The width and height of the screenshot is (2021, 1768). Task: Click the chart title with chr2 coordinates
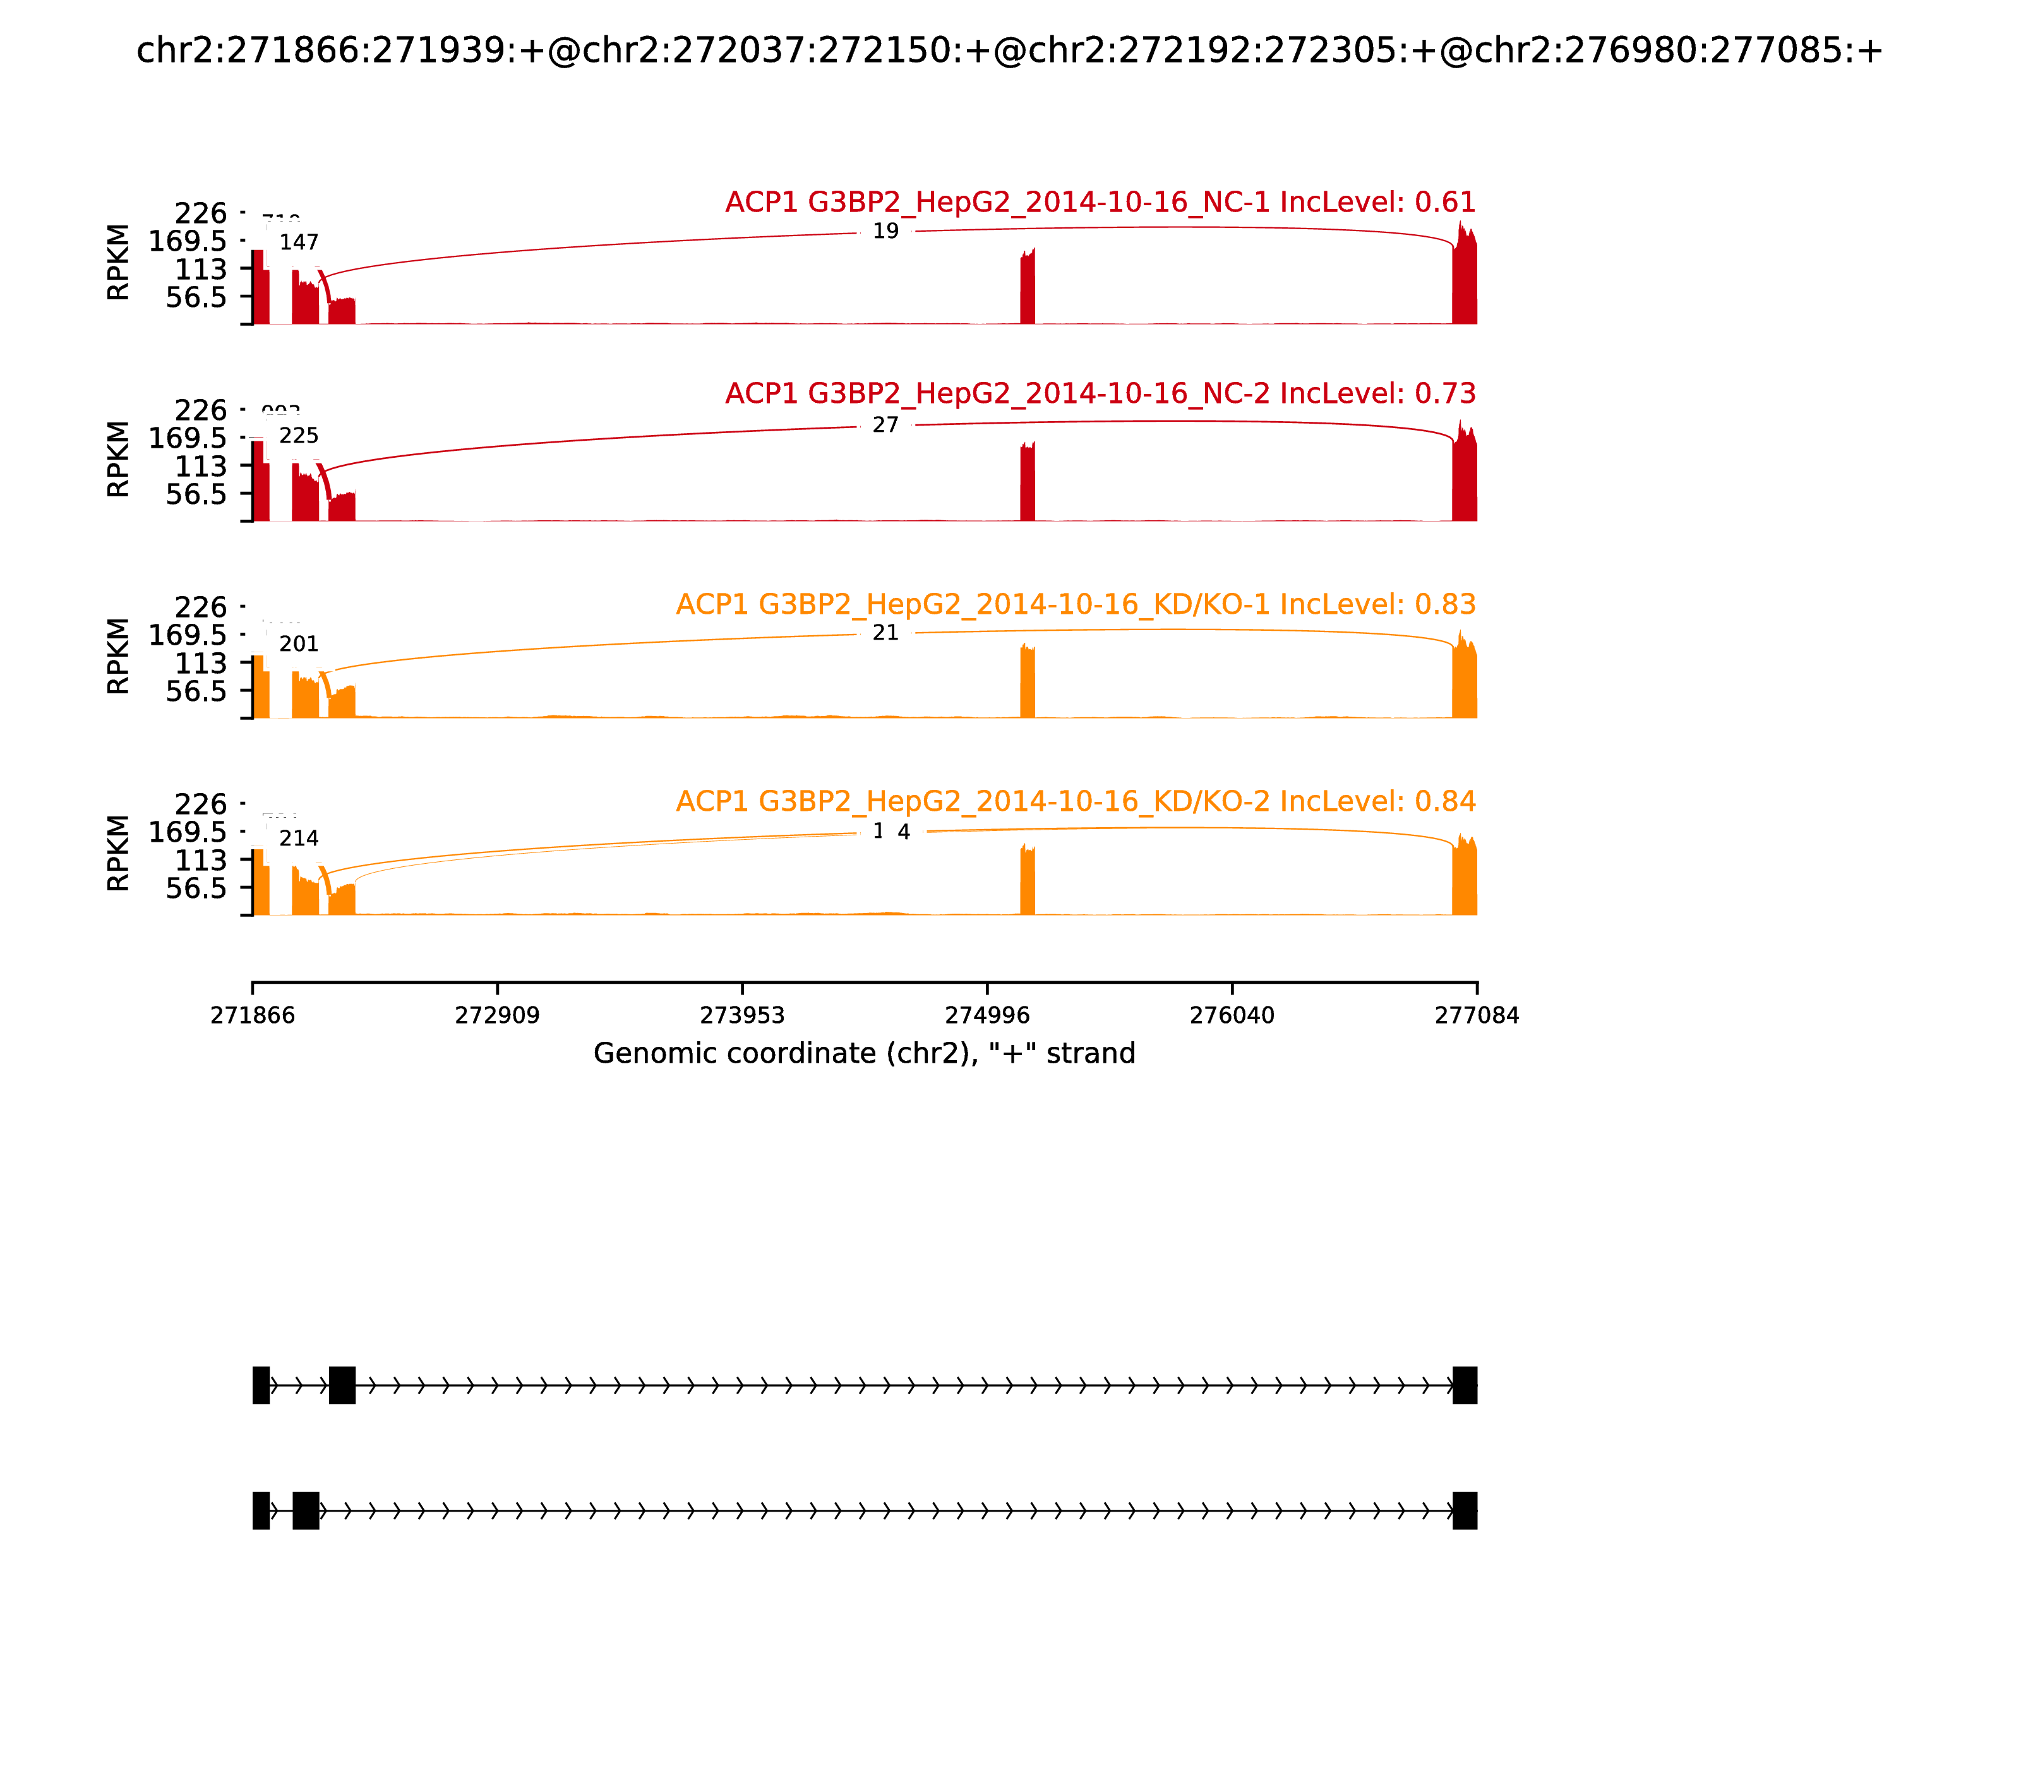point(1009,51)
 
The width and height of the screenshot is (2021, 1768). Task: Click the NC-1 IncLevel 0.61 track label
point(1100,202)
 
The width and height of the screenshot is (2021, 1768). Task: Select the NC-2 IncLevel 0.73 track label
point(1100,393)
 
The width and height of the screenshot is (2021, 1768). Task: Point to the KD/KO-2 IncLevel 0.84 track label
point(1075,801)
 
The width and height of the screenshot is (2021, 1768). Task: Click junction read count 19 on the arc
point(885,232)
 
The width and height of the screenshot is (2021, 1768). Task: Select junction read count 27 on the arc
point(885,425)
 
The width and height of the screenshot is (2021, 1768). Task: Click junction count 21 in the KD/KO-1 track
point(885,633)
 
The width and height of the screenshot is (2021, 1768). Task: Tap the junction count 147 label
point(298,242)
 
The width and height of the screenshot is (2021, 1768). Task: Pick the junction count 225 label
point(298,436)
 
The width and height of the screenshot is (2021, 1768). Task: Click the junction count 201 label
point(298,644)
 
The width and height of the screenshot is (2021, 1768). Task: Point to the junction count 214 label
point(298,839)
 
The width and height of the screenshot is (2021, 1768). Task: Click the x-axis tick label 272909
point(498,1016)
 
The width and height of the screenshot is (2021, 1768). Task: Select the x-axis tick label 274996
point(987,1016)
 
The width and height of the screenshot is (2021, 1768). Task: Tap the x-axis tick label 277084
point(1477,1016)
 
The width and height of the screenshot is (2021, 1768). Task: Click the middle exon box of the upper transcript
point(342,1385)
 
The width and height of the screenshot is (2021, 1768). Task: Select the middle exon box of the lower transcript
point(306,1510)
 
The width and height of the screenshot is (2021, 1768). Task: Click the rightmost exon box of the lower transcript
point(1465,1510)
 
